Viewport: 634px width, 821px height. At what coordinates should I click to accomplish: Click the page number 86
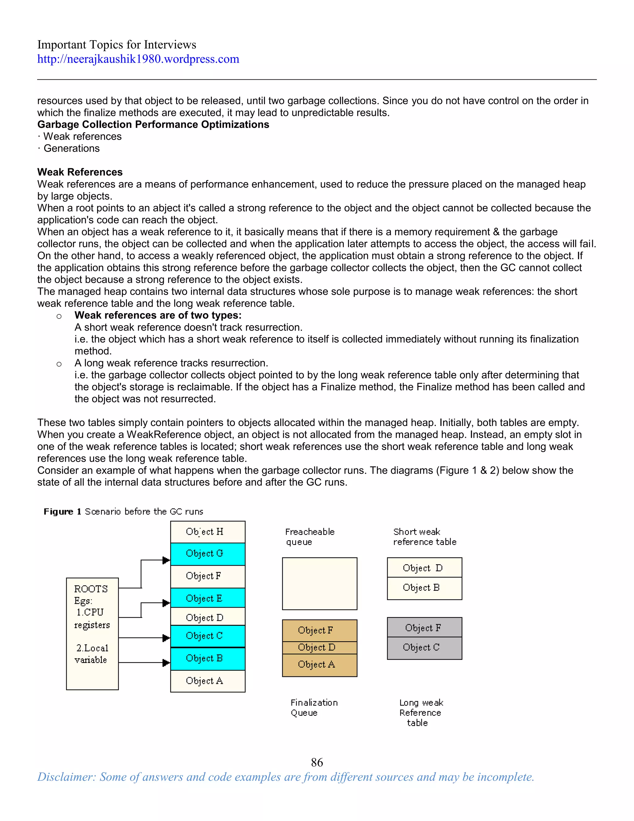[317, 762]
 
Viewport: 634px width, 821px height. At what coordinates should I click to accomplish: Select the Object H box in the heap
[208, 532]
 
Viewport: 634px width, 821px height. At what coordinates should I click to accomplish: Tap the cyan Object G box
[208, 554]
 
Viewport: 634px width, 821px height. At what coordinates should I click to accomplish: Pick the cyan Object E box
[208, 598]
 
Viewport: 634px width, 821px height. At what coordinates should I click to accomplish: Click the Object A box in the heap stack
[208, 681]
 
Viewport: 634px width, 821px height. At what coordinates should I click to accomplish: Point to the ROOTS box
[92, 634]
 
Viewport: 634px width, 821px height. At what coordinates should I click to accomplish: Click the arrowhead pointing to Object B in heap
[166, 663]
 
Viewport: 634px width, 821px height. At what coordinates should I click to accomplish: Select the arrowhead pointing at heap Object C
[166, 638]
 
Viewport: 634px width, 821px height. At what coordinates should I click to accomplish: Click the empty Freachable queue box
[319, 583]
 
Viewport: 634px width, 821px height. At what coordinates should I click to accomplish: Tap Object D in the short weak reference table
[424, 568]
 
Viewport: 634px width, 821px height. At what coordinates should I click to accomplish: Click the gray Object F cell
[424, 627]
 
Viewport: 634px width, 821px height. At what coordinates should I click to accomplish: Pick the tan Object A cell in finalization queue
[319, 665]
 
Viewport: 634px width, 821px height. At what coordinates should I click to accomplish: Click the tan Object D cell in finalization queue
[319, 647]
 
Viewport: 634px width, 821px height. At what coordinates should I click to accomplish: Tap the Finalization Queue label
[314, 708]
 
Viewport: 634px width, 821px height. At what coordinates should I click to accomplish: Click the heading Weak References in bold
[80, 172]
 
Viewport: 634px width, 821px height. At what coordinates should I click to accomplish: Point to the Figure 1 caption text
[123, 511]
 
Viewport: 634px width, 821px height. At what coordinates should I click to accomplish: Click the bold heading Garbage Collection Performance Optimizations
[153, 125]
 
